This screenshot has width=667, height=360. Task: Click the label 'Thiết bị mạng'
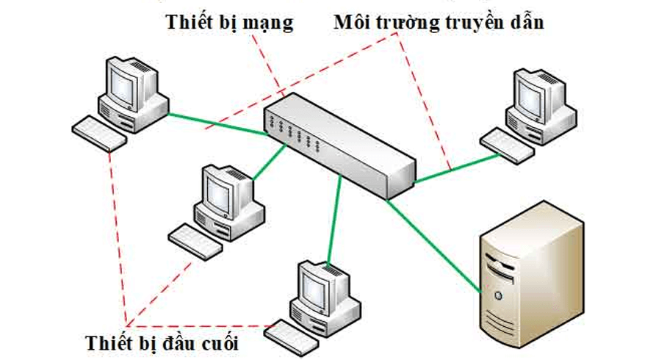229,23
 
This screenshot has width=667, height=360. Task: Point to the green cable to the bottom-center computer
333,220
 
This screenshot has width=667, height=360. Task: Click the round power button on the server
500,295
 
